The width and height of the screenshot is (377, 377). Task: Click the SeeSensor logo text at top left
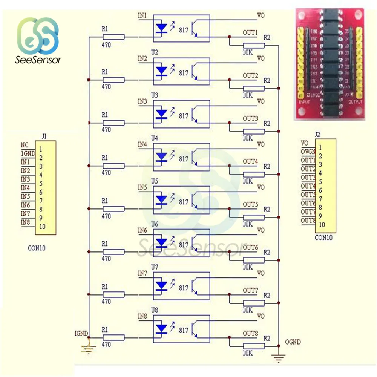pyautogui.click(x=38, y=60)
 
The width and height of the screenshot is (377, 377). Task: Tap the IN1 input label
pyautogui.click(x=143, y=15)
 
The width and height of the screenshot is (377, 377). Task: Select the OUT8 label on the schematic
pyautogui.click(x=250, y=333)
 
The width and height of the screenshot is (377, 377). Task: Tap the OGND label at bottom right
pyautogui.click(x=293, y=342)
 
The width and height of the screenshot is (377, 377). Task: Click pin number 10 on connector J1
pyautogui.click(x=42, y=227)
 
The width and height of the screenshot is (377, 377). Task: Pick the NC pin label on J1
pyautogui.click(x=25, y=144)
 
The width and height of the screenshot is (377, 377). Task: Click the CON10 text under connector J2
pyautogui.click(x=323, y=238)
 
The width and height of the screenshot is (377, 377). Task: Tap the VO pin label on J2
pyautogui.click(x=305, y=143)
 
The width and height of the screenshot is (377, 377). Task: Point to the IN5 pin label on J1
pyautogui.click(x=25, y=196)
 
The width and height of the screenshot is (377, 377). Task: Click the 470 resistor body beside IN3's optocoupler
pyautogui.click(x=113, y=123)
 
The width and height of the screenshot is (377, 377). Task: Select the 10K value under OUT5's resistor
pyautogui.click(x=247, y=224)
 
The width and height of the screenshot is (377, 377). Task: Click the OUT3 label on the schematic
pyautogui.click(x=250, y=118)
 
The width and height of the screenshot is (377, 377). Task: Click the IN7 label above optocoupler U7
pyautogui.click(x=143, y=273)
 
